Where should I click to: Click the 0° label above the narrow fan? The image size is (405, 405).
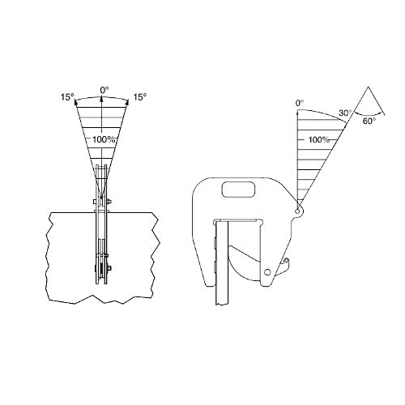(x=104, y=90)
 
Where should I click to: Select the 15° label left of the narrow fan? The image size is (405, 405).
(x=67, y=97)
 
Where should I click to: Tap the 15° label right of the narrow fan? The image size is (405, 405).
(x=140, y=97)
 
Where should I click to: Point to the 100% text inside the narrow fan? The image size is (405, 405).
(x=104, y=139)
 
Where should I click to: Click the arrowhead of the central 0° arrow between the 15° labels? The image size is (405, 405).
(x=101, y=100)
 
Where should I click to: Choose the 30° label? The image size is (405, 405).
(x=345, y=113)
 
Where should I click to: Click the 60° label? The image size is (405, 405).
(x=369, y=121)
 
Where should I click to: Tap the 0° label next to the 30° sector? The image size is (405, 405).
(x=300, y=103)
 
